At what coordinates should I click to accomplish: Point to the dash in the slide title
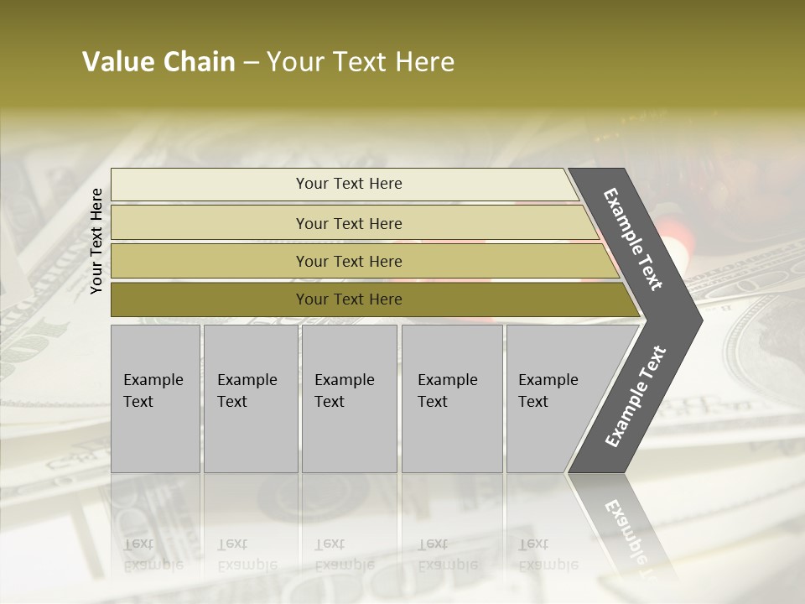click(251, 63)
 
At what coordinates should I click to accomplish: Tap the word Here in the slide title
click(424, 62)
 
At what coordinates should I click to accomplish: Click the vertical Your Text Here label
click(97, 241)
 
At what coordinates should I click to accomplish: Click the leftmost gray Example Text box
click(155, 398)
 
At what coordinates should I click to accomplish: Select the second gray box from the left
click(250, 398)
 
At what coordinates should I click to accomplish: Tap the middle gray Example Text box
click(349, 398)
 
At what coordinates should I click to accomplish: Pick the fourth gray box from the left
click(452, 398)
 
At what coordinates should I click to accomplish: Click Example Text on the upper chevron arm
click(633, 239)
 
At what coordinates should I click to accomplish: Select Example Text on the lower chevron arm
click(636, 396)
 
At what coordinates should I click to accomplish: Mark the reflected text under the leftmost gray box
click(153, 554)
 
